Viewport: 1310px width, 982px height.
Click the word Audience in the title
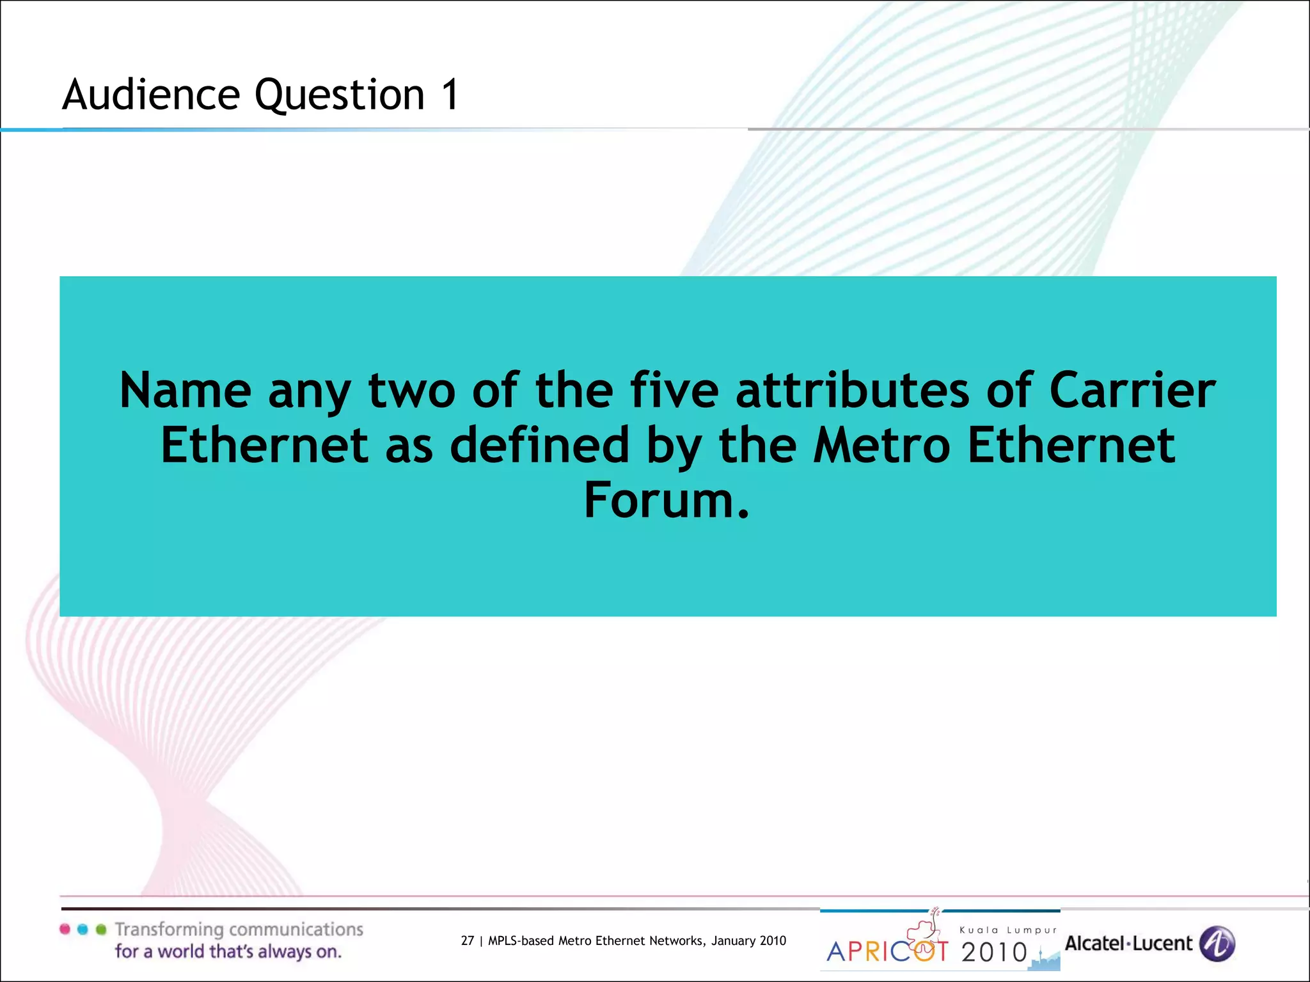point(151,95)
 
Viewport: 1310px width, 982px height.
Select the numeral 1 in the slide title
point(450,95)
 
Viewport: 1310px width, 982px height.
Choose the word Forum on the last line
point(665,501)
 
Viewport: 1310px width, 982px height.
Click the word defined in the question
point(540,446)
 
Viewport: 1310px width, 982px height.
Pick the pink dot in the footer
point(65,929)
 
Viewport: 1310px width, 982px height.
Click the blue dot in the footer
point(83,929)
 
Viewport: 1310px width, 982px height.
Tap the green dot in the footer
point(100,929)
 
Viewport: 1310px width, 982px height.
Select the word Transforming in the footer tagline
point(169,930)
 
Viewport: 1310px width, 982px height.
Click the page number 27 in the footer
point(468,940)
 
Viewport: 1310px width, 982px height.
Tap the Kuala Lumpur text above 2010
point(1008,930)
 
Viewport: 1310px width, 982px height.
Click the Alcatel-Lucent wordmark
point(1128,944)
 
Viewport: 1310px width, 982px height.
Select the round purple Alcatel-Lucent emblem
point(1217,944)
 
